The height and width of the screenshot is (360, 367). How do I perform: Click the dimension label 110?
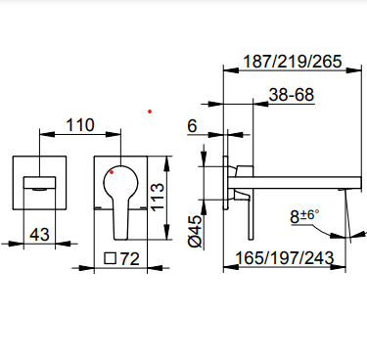(x=80, y=125)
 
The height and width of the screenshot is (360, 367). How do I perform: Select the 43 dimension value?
(x=39, y=234)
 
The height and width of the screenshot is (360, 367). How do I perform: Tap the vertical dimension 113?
(x=157, y=197)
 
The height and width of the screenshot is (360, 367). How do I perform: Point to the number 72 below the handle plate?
(x=130, y=259)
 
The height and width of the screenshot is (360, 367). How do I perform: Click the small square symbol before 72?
(x=111, y=258)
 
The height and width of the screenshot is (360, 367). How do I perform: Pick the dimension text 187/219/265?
(x=293, y=62)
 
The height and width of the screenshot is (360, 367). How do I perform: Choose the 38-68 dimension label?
(x=292, y=95)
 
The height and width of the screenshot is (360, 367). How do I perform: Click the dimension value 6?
(x=192, y=126)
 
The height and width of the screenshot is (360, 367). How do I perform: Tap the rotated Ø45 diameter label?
(x=196, y=231)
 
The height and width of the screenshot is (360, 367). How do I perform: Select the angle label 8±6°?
(x=304, y=216)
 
